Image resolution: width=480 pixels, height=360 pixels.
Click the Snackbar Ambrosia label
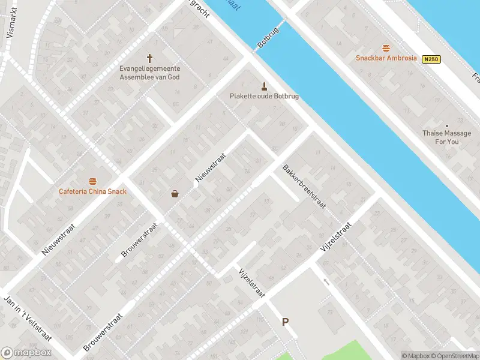coord(385,58)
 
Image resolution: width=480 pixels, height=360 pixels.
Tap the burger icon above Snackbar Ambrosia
coord(386,48)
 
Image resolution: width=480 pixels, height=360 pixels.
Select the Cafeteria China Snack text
coord(92,191)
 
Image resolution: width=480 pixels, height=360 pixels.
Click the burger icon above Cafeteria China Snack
coord(92,181)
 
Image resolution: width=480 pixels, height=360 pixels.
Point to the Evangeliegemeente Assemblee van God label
coord(149,73)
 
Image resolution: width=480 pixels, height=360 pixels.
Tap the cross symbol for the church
coord(149,59)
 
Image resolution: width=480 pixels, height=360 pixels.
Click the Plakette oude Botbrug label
coord(264,96)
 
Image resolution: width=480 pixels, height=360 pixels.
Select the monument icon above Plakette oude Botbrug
coord(263,85)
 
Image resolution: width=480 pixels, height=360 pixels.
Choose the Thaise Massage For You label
coord(446,137)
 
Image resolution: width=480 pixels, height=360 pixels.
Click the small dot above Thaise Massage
coord(446,125)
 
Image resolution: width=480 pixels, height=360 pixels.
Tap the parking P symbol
coord(286,322)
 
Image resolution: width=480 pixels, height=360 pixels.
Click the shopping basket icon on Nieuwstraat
coord(175,193)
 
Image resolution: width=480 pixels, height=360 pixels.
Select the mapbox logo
coord(26,353)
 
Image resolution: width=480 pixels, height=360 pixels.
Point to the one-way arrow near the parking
coord(326,281)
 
